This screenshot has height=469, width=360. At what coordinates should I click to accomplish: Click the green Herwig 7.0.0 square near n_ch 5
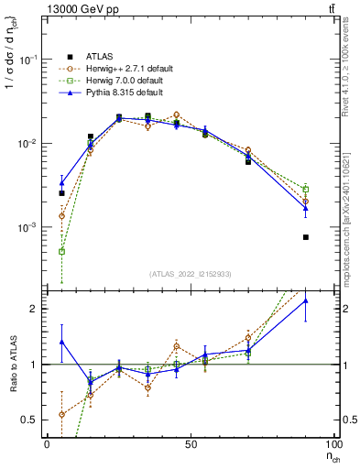tap(61, 251)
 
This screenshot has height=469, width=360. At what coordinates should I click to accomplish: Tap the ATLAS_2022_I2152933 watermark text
tap(191, 274)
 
